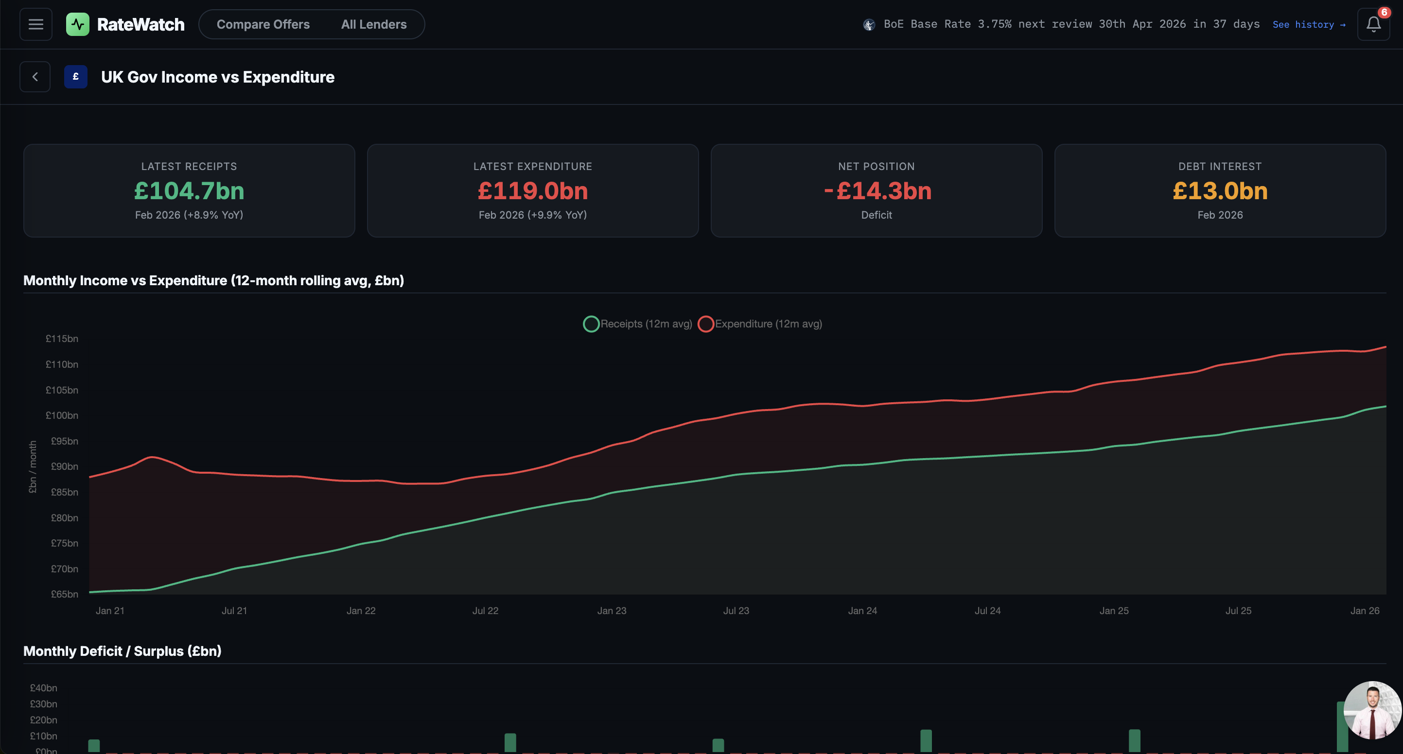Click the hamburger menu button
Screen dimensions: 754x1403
[36, 24]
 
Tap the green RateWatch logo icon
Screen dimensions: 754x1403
[77, 24]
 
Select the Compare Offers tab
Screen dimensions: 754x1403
[263, 24]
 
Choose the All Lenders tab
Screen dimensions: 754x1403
[374, 24]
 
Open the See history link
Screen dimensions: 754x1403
[1308, 24]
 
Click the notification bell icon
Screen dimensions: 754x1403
[1373, 24]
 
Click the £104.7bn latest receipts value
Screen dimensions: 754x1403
[189, 191]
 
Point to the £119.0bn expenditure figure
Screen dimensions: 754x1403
[533, 191]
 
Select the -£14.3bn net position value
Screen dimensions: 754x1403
[877, 191]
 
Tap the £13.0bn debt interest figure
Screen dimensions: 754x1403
[1220, 191]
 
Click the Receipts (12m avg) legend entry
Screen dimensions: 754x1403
[638, 324]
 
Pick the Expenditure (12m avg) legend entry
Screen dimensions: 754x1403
[760, 324]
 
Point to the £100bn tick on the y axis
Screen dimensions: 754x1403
[62, 415]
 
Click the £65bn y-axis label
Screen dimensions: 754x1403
[64, 594]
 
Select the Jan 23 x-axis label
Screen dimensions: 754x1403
[612, 611]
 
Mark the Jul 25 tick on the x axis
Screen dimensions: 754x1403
[1238, 611]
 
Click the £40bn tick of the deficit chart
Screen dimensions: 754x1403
[44, 688]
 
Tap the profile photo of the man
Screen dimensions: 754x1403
[1372, 710]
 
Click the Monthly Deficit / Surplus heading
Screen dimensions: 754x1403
[122, 651]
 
